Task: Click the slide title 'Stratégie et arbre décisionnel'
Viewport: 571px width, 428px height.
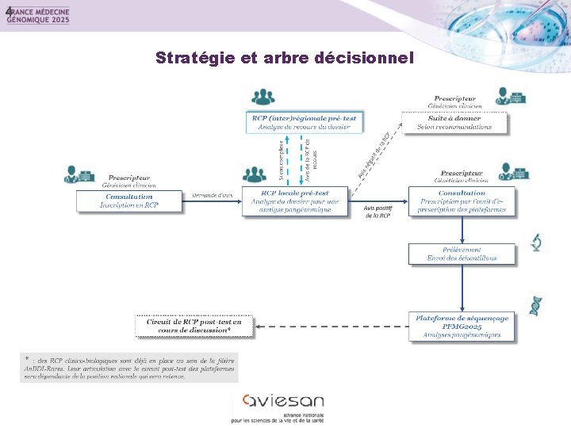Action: pyautogui.click(x=285, y=58)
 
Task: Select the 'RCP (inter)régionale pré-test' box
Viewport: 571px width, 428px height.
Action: pyautogui.click(x=305, y=122)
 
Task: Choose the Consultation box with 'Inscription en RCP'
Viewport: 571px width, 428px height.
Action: pyautogui.click(x=129, y=201)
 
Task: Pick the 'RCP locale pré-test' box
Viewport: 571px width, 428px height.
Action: pyautogui.click(x=295, y=201)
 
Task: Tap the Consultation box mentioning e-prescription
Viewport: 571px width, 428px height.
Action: pyautogui.click(x=462, y=201)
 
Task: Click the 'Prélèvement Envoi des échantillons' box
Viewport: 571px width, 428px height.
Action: pyautogui.click(x=462, y=254)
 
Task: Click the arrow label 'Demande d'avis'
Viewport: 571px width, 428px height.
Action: pyautogui.click(x=213, y=195)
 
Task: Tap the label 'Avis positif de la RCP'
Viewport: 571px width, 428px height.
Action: pyautogui.click(x=377, y=212)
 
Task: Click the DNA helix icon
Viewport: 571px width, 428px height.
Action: pyautogui.click(x=536, y=304)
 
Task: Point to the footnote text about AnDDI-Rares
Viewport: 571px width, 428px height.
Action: pyautogui.click(x=128, y=366)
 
